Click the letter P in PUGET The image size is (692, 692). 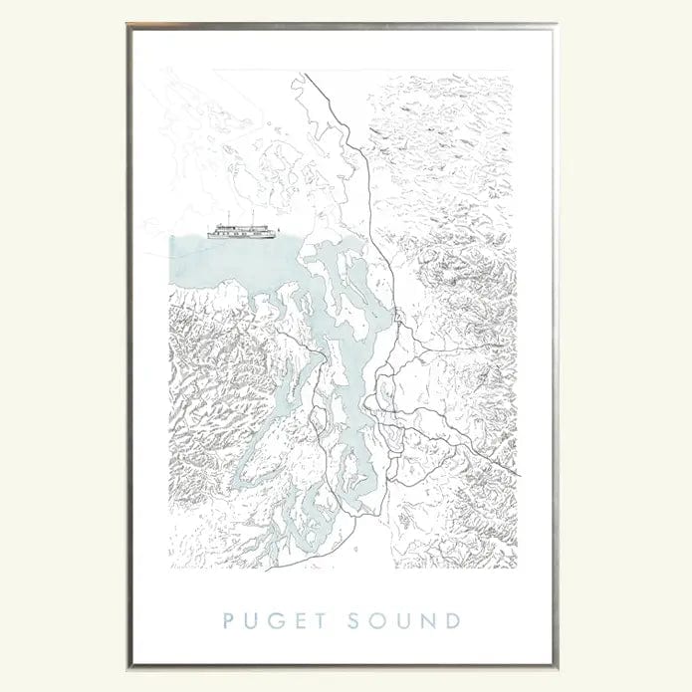(x=229, y=622)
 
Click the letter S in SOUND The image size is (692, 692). (x=355, y=622)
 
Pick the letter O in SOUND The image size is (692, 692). (x=378, y=622)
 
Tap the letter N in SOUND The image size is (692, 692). (x=429, y=622)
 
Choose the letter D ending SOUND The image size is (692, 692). (x=453, y=622)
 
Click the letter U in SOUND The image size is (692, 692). (x=404, y=622)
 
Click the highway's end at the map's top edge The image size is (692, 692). (x=305, y=73)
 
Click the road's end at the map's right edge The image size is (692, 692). (x=516, y=474)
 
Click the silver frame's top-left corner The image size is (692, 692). (x=129, y=26)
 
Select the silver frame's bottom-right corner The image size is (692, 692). (x=556, y=665)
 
